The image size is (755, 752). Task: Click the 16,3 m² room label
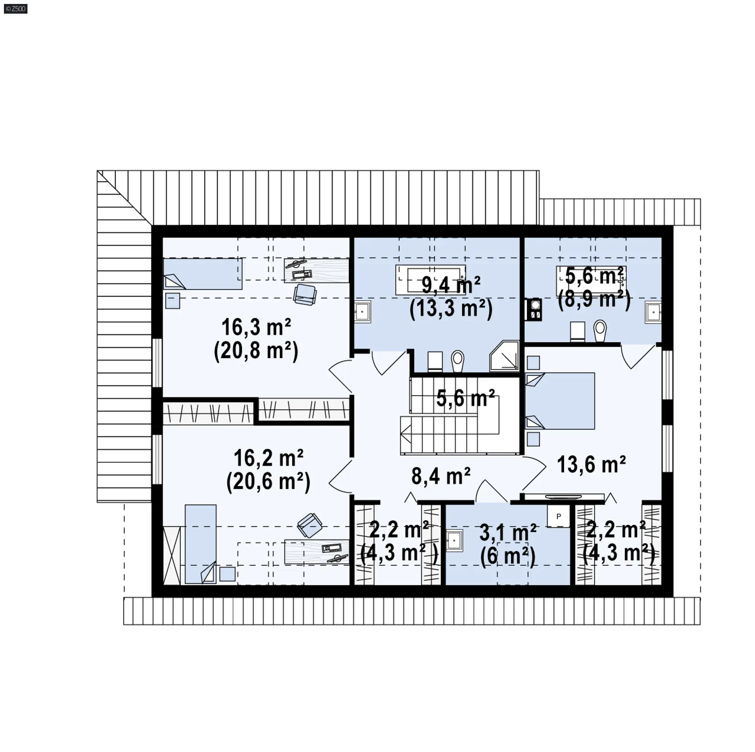coord(256,327)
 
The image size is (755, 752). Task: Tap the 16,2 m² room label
coord(268,458)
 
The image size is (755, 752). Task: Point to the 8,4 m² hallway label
coord(441,476)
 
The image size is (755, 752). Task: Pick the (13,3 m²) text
coord(451,309)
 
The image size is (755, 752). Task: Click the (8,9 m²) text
coord(594,300)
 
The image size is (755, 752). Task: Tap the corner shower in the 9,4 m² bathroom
coord(505,356)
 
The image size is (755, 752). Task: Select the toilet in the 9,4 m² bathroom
coord(457,360)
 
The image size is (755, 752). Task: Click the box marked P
coord(558,516)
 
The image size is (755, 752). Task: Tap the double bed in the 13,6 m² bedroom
coord(560,401)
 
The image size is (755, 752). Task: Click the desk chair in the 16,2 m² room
coord(311,525)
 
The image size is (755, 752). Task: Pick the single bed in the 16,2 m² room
coord(201,544)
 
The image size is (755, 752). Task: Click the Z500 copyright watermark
coord(15,9)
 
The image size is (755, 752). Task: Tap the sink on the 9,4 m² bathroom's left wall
coord(363,313)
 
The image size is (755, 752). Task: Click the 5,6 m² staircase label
coord(466,398)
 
